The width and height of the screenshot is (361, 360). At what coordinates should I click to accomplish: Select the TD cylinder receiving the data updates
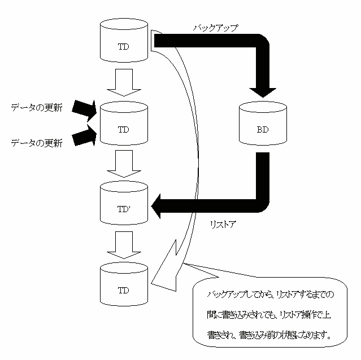pos(123,125)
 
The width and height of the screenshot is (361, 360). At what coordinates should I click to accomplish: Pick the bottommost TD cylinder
pos(123,286)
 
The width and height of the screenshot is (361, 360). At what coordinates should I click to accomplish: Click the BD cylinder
pos(262,125)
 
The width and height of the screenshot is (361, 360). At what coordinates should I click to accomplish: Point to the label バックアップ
pos(216,27)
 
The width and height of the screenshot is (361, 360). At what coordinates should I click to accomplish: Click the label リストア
pos(221,225)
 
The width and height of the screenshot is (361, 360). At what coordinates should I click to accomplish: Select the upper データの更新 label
pos(37,108)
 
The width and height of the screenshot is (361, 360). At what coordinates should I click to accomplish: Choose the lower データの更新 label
pos(37,143)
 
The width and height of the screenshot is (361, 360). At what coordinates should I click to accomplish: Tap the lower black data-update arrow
pos(85,135)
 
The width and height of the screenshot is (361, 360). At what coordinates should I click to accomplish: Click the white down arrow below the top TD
pos(124,81)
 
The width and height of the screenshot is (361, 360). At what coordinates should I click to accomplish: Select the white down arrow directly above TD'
pos(124,164)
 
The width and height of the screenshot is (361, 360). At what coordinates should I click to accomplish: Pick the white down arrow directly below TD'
pos(124,244)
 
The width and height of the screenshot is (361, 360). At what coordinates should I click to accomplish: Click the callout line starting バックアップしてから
pos(272,295)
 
